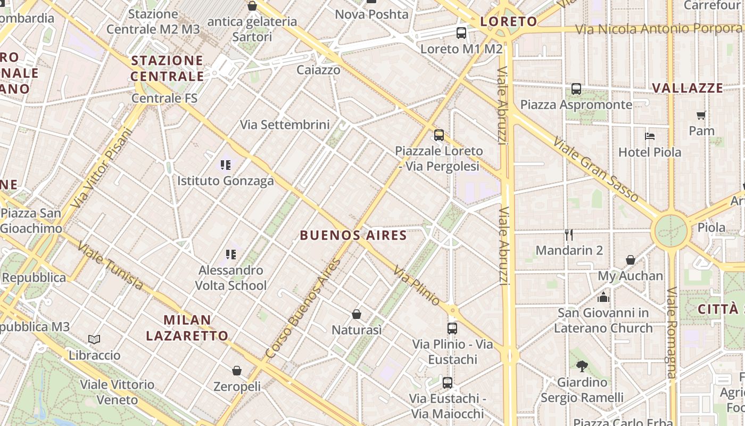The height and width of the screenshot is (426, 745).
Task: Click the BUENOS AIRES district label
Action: (x=353, y=235)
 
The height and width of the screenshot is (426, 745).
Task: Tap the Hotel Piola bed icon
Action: (x=649, y=136)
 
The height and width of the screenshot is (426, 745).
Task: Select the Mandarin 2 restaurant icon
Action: (x=569, y=234)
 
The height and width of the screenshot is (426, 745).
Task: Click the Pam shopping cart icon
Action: (x=701, y=115)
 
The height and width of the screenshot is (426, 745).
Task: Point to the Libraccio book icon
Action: (x=94, y=339)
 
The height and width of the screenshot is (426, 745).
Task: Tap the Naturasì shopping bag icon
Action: (x=357, y=314)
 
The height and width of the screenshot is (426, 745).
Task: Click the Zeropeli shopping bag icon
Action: (x=237, y=370)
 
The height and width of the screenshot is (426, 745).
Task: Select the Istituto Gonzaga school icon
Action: (x=226, y=165)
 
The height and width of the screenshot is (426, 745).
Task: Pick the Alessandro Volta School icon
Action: (x=230, y=254)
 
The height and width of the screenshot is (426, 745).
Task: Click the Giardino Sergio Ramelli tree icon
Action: (x=582, y=366)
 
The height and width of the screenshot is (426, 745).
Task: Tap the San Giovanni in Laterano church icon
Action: (x=603, y=297)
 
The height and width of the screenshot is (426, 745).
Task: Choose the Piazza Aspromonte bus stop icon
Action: (x=576, y=89)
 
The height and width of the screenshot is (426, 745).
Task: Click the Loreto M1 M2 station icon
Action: (x=461, y=33)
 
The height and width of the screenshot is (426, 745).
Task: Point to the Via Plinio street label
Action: (x=417, y=286)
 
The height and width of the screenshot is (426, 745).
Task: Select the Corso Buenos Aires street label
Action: (x=303, y=308)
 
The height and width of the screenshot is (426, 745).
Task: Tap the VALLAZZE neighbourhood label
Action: (x=688, y=88)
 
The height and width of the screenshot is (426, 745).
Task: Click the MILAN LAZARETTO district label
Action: (x=187, y=328)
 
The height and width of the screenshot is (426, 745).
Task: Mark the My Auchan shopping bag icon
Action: (x=631, y=260)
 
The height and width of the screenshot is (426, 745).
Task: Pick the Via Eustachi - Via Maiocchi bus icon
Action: (x=448, y=382)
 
